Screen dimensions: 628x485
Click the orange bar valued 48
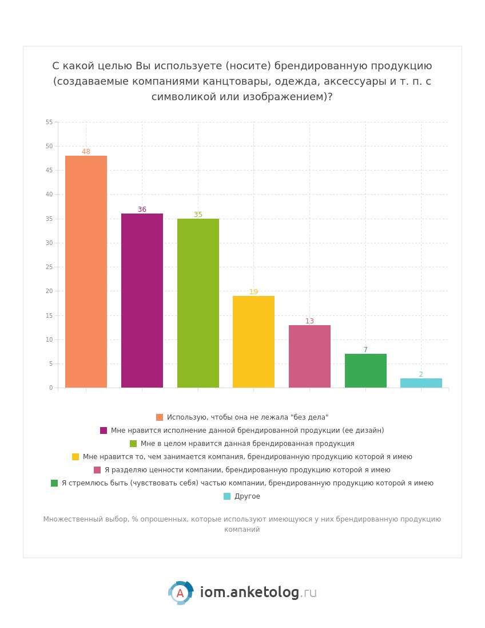[x=86, y=272]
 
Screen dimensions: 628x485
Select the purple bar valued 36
[x=142, y=301]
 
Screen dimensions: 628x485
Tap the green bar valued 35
[x=198, y=303]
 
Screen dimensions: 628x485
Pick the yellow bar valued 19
[x=253, y=342]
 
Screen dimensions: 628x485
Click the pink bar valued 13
[x=309, y=356]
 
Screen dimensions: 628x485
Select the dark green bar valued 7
[x=365, y=371]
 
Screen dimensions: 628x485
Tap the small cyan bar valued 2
[x=421, y=383]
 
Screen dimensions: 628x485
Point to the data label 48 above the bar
[x=86, y=152]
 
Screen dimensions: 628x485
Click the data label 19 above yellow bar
[x=253, y=292]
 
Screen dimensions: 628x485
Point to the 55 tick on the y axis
[x=49, y=122]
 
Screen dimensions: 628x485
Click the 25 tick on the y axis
[x=49, y=267]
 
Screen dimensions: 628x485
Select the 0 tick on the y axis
[x=51, y=388]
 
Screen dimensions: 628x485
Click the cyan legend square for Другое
[x=227, y=496]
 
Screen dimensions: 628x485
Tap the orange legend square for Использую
[x=160, y=417]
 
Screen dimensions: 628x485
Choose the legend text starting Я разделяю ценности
[x=247, y=470]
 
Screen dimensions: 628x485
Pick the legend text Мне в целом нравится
[x=247, y=444]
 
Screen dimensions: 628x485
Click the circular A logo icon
[x=180, y=593]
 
